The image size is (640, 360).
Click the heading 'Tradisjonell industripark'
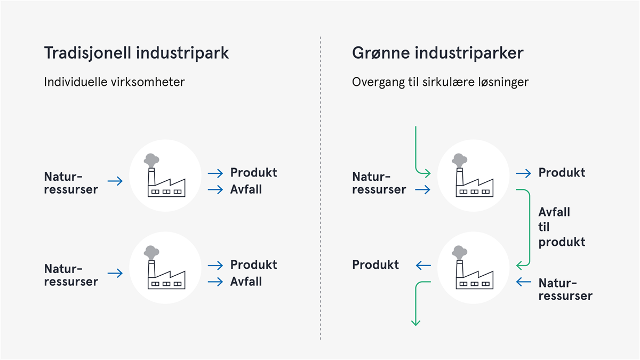coord(137,53)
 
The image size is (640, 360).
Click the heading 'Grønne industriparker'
coord(437,53)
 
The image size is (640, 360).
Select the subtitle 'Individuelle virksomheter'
coord(114,82)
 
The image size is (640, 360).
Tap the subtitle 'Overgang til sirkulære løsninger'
coord(441,82)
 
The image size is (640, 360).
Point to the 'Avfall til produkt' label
coord(562,227)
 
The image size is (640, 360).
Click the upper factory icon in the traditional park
coord(165,175)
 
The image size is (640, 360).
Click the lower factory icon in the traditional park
coord(165,267)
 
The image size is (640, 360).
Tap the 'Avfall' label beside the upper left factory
coord(246,189)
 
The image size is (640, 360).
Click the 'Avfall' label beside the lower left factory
coord(246,282)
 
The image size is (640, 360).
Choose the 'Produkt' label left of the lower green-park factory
coord(375,265)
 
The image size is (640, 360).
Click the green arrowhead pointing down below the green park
coord(415,323)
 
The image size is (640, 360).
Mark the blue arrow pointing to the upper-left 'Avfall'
coord(215,190)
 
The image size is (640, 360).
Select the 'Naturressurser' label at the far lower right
coord(565,290)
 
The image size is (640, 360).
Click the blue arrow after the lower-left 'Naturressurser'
coord(115,273)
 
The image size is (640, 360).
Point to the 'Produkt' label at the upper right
coord(562,173)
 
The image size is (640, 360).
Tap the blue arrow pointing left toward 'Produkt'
coord(423,266)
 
